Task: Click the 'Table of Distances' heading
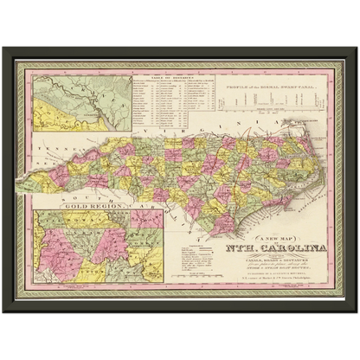click(x=165, y=77)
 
